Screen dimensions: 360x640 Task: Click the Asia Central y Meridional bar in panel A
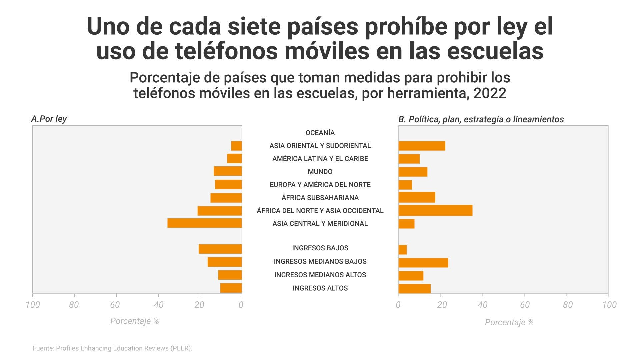click(x=205, y=223)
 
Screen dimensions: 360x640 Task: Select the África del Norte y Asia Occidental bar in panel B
click(x=435, y=210)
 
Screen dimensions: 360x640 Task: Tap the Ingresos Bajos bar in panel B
click(x=403, y=250)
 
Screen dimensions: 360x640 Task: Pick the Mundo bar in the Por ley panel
click(x=228, y=171)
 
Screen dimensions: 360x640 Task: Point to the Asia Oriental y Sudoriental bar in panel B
click(x=422, y=146)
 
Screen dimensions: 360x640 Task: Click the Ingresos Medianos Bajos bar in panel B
click(x=423, y=263)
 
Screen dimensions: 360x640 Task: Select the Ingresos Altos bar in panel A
click(x=231, y=288)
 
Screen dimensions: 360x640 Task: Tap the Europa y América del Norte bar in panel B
click(x=405, y=185)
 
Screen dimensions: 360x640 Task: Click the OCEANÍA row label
click(x=320, y=133)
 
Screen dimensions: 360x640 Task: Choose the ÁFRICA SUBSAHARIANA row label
click(x=320, y=198)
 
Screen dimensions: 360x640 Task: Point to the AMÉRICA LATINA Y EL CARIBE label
click(x=320, y=159)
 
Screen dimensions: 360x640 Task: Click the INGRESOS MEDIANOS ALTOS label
click(x=320, y=275)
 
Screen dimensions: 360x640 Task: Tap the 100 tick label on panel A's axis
click(x=33, y=305)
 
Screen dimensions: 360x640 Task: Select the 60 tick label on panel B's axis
click(x=525, y=305)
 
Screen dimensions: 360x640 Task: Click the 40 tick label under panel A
click(x=159, y=305)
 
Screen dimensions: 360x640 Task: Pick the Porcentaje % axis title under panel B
click(x=509, y=322)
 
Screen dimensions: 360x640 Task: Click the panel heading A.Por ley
click(x=49, y=119)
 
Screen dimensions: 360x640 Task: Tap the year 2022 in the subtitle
click(x=490, y=93)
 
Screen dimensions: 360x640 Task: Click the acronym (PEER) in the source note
click(x=181, y=348)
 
